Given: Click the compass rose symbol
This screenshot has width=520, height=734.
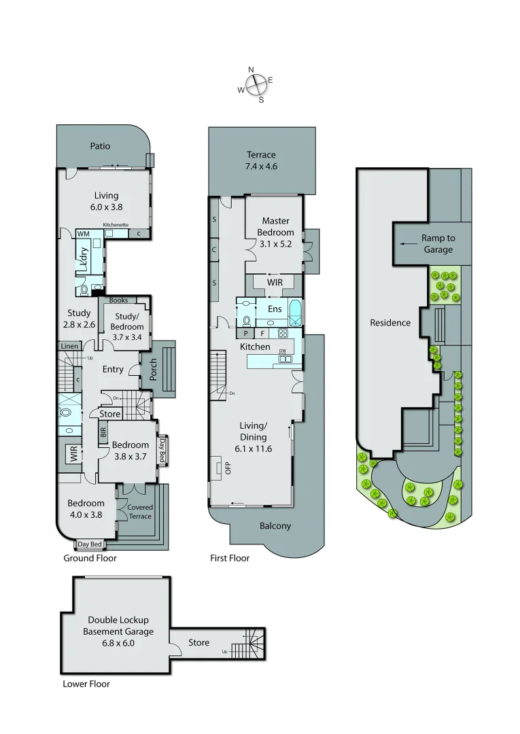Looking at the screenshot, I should click(256, 85).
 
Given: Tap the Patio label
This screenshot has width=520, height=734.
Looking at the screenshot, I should click(100, 146).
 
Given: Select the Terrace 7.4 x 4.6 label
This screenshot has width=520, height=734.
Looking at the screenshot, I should click(262, 160).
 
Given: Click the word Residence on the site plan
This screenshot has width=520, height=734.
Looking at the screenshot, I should click(390, 323).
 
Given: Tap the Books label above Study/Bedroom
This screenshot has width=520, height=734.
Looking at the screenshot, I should click(118, 300).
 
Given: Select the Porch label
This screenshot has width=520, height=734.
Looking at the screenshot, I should click(154, 370).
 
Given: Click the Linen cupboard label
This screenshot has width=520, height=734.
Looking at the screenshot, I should click(69, 347).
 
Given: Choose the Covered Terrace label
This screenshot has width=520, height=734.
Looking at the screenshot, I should click(140, 512).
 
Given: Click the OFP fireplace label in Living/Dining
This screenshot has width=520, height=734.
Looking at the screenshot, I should click(219, 468).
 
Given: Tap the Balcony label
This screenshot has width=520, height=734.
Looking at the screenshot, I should click(275, 525).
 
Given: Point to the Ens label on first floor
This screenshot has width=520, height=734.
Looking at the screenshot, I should click(275, 309).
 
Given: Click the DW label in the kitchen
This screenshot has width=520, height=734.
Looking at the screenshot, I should click(281, 351).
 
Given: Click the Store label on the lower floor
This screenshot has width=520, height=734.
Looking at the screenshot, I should click(199, 642).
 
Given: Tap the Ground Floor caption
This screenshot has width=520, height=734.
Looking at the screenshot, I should click(90, 558).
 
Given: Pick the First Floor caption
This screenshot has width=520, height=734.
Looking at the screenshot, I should click(230, 558).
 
